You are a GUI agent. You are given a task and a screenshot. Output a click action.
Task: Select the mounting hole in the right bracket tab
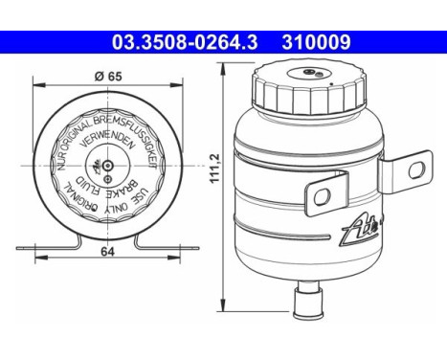[416, 171]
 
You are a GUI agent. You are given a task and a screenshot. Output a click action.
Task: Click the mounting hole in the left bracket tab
[322, 197]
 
